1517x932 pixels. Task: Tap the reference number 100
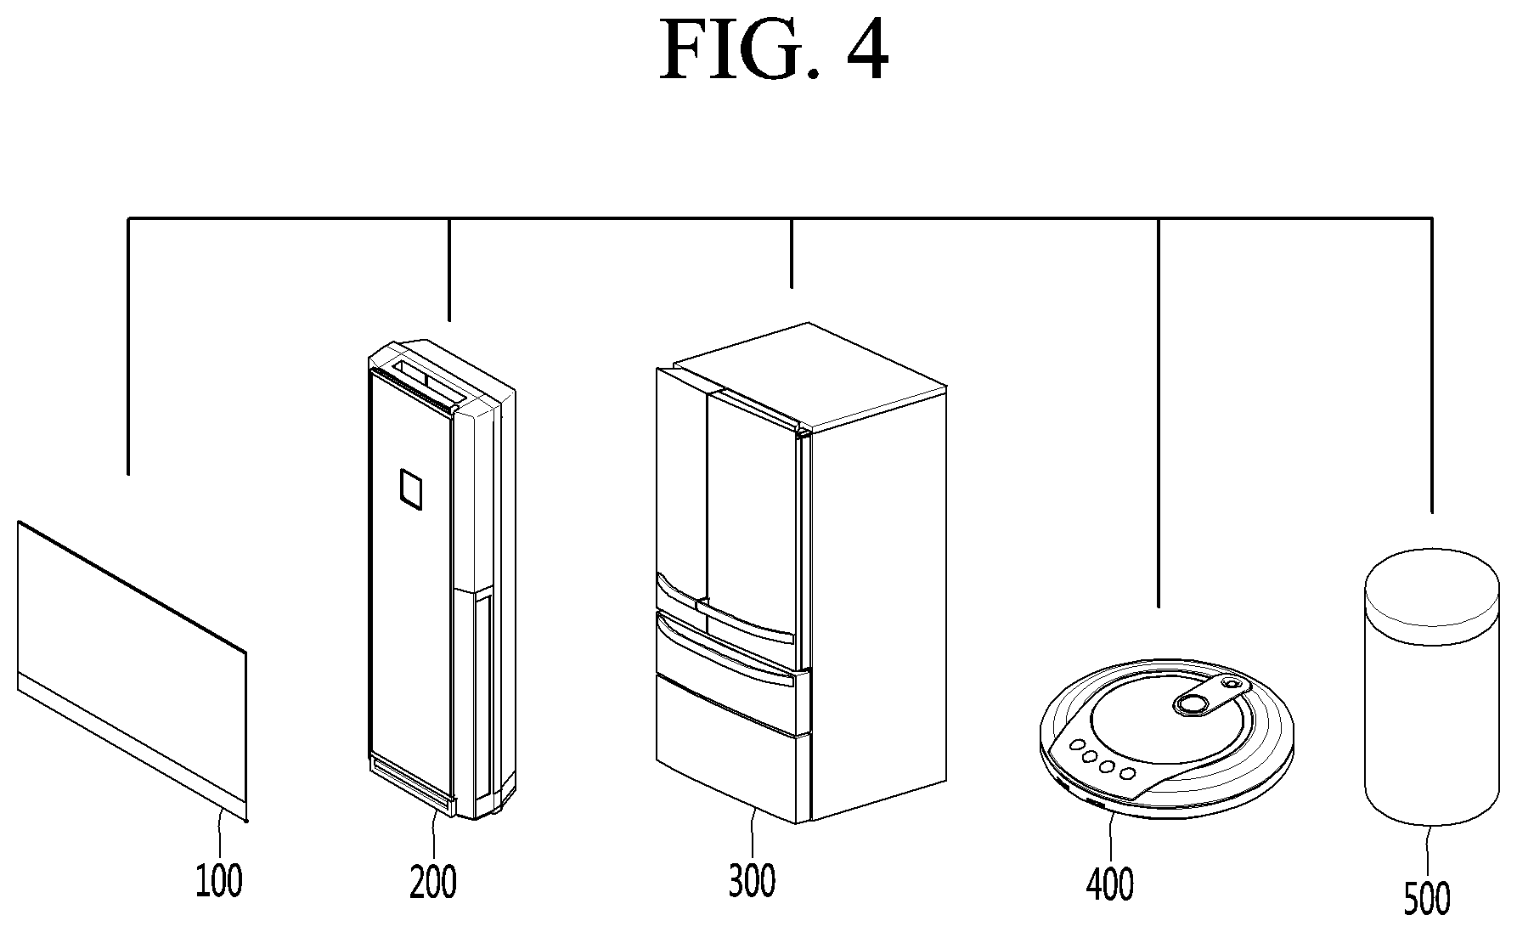pyautogui.click(x=219, y=880)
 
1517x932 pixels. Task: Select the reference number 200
pyautogui.click(x=433, y=881)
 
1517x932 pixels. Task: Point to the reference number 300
pyautogui.click(x=752, y=881)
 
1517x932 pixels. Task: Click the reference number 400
pyautogui.click(x=1110, y=884)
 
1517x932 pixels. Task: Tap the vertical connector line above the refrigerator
pyautogui.click(x=792, y=253)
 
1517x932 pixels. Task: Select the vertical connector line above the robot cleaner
pyautogui.click(x=1159, y=413)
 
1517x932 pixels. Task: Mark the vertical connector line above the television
pyautogui.click(x=128, y=346)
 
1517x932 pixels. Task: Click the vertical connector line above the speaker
pyautogui.click(x=1432, y=365)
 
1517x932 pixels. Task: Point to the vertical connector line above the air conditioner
pyautogui.click(x=449, y=269)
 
